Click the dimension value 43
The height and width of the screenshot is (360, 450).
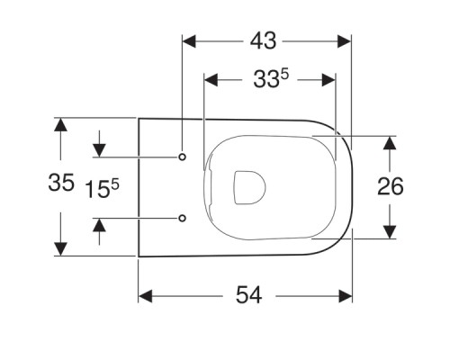click(x=265, y=40)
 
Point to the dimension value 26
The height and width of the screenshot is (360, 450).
click(x=390, y=186)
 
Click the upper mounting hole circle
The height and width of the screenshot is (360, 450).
click(x=183, y=157)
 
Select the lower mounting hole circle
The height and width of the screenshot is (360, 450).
click(x=183, y=217)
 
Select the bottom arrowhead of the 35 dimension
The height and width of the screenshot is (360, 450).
click(x=61, y=247)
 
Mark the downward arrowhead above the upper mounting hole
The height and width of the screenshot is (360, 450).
click(x=98, y=148)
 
